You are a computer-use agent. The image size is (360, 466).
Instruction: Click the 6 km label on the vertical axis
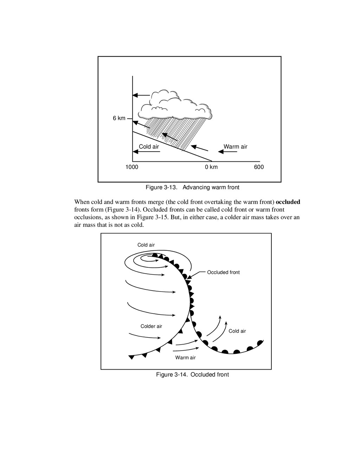click(x=119, y=119)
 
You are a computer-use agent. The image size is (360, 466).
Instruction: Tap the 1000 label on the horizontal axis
click(x=132, y=167)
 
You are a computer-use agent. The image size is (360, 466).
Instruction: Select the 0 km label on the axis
click(x=211, y=167)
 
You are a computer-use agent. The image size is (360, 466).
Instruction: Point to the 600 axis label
click(x=259, y=167)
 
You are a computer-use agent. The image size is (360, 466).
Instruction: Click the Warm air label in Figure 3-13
click(x=235, y=147)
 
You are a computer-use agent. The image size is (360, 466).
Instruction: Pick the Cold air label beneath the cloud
click(x=149, y=147)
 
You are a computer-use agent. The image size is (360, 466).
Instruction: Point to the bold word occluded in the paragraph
click(x=288, y=202)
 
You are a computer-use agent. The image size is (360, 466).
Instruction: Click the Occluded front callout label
click(x=223, y=272)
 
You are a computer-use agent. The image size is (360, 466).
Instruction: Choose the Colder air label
click(x=151, y=326)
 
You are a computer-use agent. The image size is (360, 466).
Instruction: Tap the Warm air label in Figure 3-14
click(x=185, y=358)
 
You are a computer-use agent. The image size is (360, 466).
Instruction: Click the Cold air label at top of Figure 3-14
click(x=146, y=245)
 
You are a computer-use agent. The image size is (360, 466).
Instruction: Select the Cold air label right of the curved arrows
click(x=237, y=331)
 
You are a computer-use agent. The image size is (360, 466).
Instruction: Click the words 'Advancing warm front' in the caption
click(x=211, y=187)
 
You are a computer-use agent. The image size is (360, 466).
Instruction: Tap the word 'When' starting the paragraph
click(x=82, y=202)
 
